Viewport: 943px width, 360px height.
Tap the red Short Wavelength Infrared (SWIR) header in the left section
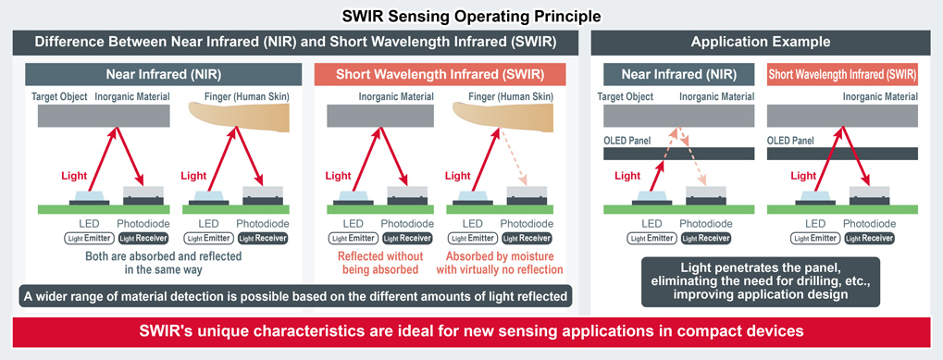tap(440, 75)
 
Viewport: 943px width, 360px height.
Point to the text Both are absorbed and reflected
tap(164, 256)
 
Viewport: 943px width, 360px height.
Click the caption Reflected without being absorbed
tap(380, 263)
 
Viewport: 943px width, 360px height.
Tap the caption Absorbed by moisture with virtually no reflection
tap(500, 263)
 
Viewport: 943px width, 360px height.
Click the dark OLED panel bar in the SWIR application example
tap(842, 154)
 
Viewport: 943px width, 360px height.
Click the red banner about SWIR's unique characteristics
tap(472, 331)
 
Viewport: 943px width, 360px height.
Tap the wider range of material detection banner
tap(296, 296)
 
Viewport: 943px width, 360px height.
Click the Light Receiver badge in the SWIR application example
tap(868, 238)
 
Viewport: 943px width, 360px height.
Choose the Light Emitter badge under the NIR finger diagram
tap(208, 238)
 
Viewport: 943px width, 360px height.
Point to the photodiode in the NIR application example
tap(706, 195)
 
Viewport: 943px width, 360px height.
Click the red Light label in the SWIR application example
tap(804, 176)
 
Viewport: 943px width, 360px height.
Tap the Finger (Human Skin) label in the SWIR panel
tap(511, 96)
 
